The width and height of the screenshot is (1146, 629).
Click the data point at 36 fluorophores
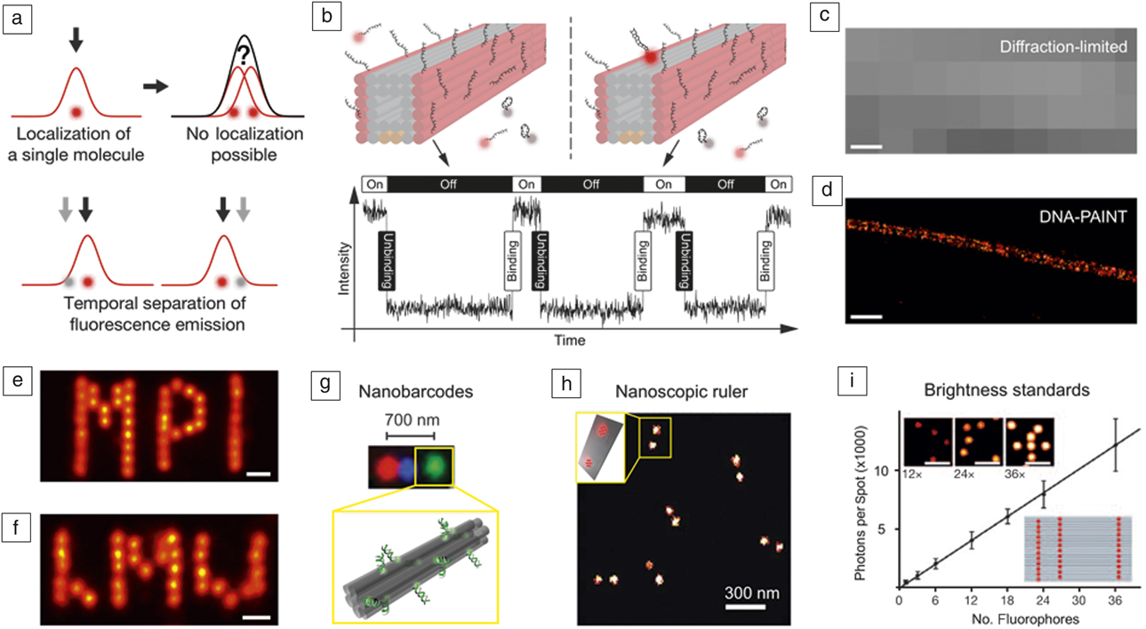(1116, 445)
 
